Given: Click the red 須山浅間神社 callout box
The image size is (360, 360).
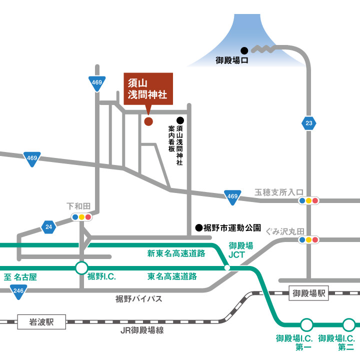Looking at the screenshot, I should point(148,89).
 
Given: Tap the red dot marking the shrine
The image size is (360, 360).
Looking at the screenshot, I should point(148,121).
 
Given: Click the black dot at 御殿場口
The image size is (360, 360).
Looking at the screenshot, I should point(244,50).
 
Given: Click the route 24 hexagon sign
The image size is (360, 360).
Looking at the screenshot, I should point(48,227).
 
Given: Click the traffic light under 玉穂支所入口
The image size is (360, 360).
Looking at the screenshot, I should point(308,201).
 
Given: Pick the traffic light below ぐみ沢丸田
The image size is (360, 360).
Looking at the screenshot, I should point(308,239).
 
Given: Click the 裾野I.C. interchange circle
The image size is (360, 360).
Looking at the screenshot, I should point(81,268).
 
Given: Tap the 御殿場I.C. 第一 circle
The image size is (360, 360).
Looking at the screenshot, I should point(307,324).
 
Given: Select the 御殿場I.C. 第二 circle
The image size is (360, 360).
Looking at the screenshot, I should point(348,324).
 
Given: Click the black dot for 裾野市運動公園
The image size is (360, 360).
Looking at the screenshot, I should point(198,227).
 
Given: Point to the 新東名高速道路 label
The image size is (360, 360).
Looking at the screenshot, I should point(176,253).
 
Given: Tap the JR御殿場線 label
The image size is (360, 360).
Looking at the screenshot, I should point(142,330).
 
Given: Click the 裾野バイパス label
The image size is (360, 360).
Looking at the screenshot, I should point(138,299).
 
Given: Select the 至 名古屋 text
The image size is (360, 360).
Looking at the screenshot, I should point(20,276).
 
